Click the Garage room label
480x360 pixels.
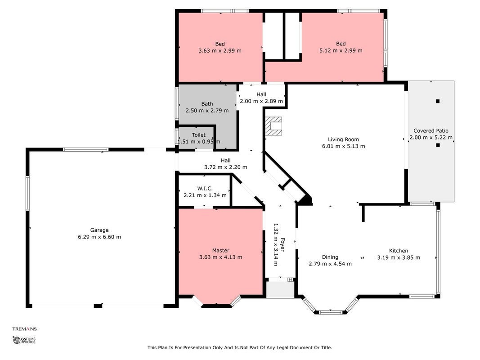coord(99,230)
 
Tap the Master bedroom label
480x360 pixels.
coord(221,250)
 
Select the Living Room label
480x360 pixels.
coord(344,139)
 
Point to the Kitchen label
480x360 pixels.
coord(399,250)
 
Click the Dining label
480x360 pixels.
coord(330,257)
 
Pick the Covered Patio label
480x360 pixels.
coord(431,130)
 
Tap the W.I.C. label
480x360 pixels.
coord(205,188)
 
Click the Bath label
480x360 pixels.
coord(207,104)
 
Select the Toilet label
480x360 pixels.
coord(199,135)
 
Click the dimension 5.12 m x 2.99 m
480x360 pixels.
coord(341,50)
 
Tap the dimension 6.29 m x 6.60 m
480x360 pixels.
coord(99,237)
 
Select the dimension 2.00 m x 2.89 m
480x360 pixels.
coord(261,101)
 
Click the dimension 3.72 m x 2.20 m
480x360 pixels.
coord(226,167)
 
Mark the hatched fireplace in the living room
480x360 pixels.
coord(274,126)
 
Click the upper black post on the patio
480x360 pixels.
coord(438,101)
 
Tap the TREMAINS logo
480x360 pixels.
coord(24,329)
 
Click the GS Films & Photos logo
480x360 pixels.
coord(24,340)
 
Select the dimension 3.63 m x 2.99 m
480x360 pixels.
coord(220,50)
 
